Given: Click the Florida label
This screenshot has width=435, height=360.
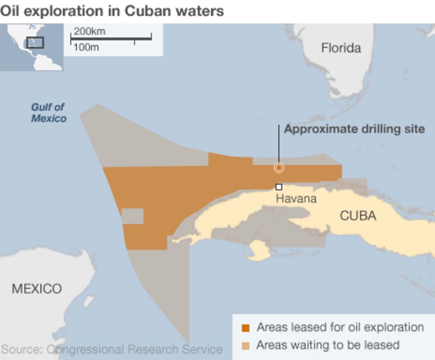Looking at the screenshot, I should pos(341,48).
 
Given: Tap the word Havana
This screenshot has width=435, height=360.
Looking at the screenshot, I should pos(296,198).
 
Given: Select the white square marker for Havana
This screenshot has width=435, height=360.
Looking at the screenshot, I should pos(279,187).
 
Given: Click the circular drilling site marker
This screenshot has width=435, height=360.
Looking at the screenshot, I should pos(279,168).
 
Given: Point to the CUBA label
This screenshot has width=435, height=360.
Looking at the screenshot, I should pos(358,216).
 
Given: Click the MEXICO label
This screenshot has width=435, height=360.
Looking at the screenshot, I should pos(37,289).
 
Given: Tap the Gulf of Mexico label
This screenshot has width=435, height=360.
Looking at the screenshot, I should pos(49,112).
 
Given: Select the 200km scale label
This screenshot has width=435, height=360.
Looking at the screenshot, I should pos(89,31).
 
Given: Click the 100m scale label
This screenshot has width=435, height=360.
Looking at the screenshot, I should pos(86,47).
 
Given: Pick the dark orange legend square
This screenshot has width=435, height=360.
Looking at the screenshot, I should pos(246,328).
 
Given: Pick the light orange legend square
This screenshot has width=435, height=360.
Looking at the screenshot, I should pos(246,345).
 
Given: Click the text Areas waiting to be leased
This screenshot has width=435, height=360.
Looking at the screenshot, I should pos(328,345).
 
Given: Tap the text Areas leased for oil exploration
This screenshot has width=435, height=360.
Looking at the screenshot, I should pos(340,327).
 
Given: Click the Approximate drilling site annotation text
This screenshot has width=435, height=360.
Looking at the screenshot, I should pos(354,129).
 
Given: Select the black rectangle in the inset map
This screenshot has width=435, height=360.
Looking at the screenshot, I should pos(35,42).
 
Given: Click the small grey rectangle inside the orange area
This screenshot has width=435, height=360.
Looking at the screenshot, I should pos(132,216).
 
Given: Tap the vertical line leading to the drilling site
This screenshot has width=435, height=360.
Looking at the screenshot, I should pos(279,143).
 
